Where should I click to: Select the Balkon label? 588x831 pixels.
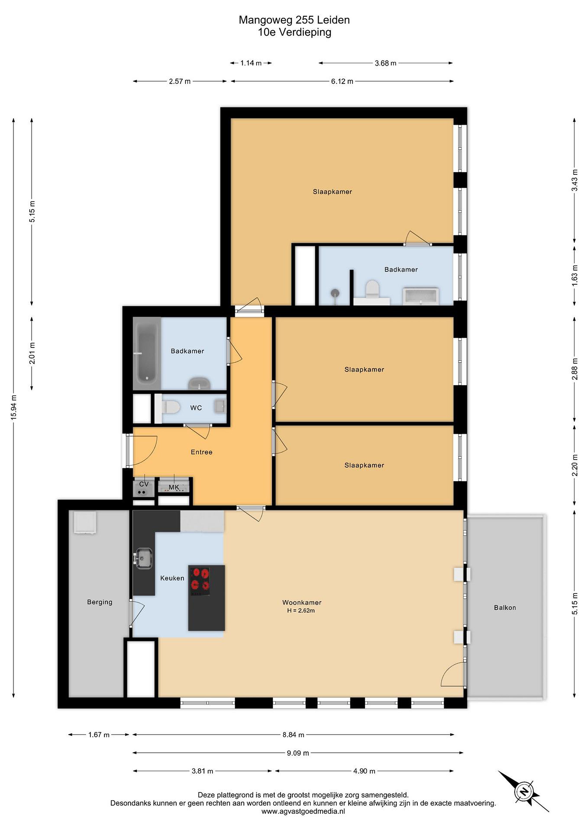click(x=505, y=608)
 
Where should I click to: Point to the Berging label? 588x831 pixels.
click(x=100, y=602)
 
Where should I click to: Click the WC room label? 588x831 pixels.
click(x=196, y=408)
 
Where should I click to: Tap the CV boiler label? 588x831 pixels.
click(x=144, y=484)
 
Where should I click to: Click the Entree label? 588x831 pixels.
click(x=201, y=452)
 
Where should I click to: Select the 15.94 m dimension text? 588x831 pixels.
click(x=14, y=407)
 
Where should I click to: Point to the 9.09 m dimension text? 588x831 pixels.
click(x=298, y=753)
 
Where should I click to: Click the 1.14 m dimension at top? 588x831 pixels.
click(x=251, y=63)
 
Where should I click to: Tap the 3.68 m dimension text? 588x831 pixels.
click(x=386, y=63)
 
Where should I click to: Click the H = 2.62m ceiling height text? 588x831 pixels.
click(x=301, y=611)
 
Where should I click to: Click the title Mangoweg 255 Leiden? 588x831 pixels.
click(x=294, y=20)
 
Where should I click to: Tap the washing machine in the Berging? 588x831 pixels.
click(x=85, y=522)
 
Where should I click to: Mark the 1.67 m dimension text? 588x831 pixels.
click(x=99, y=735)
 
